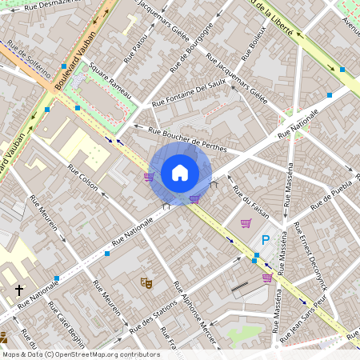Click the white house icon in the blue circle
pos(180,173)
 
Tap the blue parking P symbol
pos(266,239)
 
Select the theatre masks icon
pos(146,282)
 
